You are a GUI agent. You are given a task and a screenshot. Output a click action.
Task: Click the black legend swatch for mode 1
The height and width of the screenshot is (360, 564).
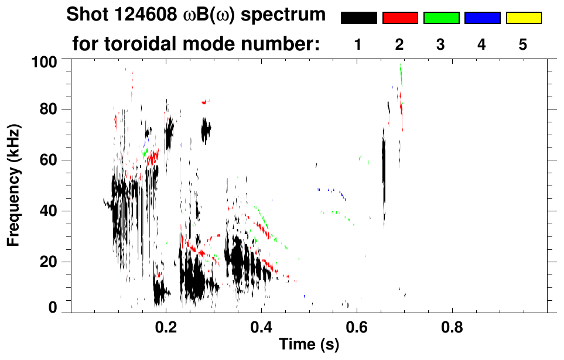(x=358, y=18)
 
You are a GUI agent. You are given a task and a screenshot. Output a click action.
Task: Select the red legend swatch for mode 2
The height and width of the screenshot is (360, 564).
(x=400, y=18)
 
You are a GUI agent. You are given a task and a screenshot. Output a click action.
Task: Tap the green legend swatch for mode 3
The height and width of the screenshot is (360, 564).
(x=441, y=18)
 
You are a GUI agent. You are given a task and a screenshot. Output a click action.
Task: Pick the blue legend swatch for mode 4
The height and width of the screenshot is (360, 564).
(x=482, y=18)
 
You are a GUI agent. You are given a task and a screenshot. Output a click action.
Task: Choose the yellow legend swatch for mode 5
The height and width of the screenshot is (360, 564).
(x=523, y=18)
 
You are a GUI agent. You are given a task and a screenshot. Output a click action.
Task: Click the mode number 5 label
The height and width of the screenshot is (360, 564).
(x=523, y=44)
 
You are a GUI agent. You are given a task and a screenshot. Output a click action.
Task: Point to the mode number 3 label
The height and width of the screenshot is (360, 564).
(x=441, y=44)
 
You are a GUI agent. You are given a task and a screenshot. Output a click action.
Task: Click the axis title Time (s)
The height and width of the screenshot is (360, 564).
(x=309, y=344)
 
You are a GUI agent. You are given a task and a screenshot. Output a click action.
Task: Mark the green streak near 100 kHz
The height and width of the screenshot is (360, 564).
(x=401, y=73)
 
